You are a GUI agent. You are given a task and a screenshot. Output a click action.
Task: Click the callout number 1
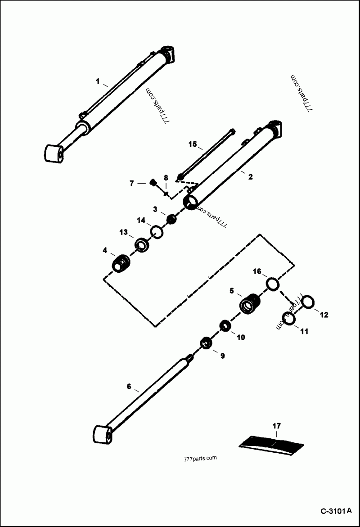tap(97, 81)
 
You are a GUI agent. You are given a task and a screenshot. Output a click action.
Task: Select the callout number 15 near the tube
tap(193, 144)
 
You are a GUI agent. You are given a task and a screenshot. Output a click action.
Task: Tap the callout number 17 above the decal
tap(276, 425)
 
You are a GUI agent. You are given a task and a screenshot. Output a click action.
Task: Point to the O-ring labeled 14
tap(157, 232)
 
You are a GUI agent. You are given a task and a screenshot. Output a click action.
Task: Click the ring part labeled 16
tap(272, 284)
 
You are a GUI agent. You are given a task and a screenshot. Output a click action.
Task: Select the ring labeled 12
tap(308, 302)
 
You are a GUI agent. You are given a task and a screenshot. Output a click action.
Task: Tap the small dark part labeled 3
tap(171, 219)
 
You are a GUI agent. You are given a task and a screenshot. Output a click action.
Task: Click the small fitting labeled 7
tap(153, 182)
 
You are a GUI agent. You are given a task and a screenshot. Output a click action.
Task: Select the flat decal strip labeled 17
tap(272, 443)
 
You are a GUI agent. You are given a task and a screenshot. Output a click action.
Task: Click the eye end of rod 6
tap(103, 435)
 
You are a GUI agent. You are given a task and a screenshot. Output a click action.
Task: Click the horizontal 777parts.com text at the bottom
tap(201, 458)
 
